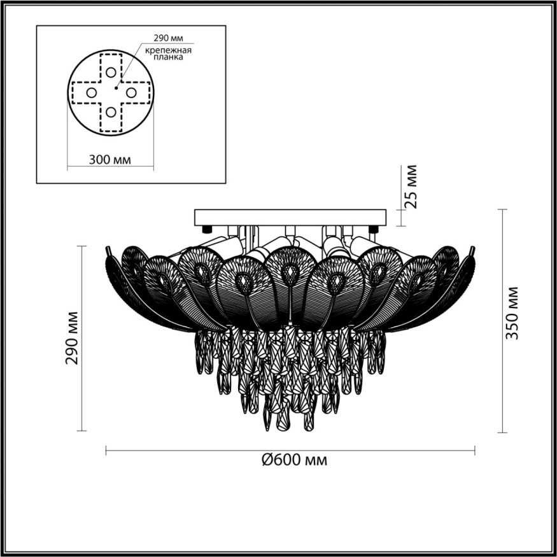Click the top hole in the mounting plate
pyautogui.click(x=111, y=72)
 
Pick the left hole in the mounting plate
pyautogui.click(x=91, y=92)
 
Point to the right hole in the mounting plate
pyautogui.click(x=132, y=92)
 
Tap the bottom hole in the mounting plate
pyautogui.click(x=111, y=113)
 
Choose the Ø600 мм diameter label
pyautogui.click(x=294, y=460)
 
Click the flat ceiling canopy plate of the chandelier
pyautogui.click(x=290, y=216)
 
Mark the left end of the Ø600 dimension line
pyautogui.click(x=106, y=451)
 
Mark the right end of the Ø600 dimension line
pyautogui.click(x=474, y=451)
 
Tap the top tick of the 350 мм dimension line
pyautogui.click(x=503, y=209)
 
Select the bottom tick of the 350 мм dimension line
pyautogui.click(x=503, y=432)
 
